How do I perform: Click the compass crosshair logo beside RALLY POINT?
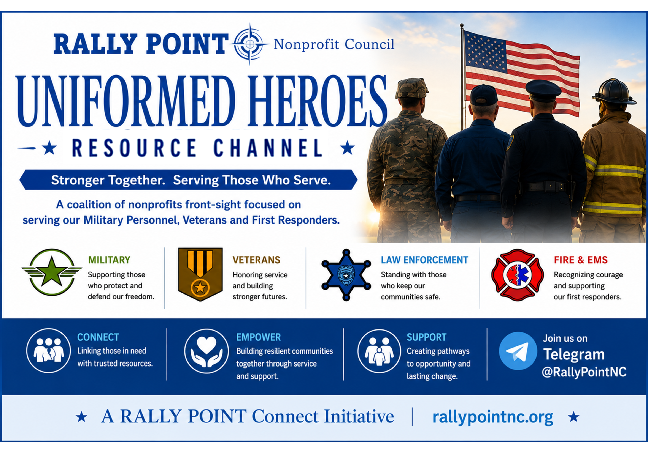[x=250, y=44]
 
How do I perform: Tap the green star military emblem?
[x=52, y=272]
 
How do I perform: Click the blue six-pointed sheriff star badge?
[x=346, y=275]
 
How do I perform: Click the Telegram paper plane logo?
[x=518, y=351]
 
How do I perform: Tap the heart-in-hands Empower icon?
[x=206, y=351]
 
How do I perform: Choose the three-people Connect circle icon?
[x=49, y=351]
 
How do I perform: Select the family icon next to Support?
[x=379, y=351]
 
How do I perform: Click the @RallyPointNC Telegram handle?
[x=584, y=372]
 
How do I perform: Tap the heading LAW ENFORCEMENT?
[x=424, y=260]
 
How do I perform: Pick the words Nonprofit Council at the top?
[x=334, y=44]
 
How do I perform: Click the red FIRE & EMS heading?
[x=581, y=260]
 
